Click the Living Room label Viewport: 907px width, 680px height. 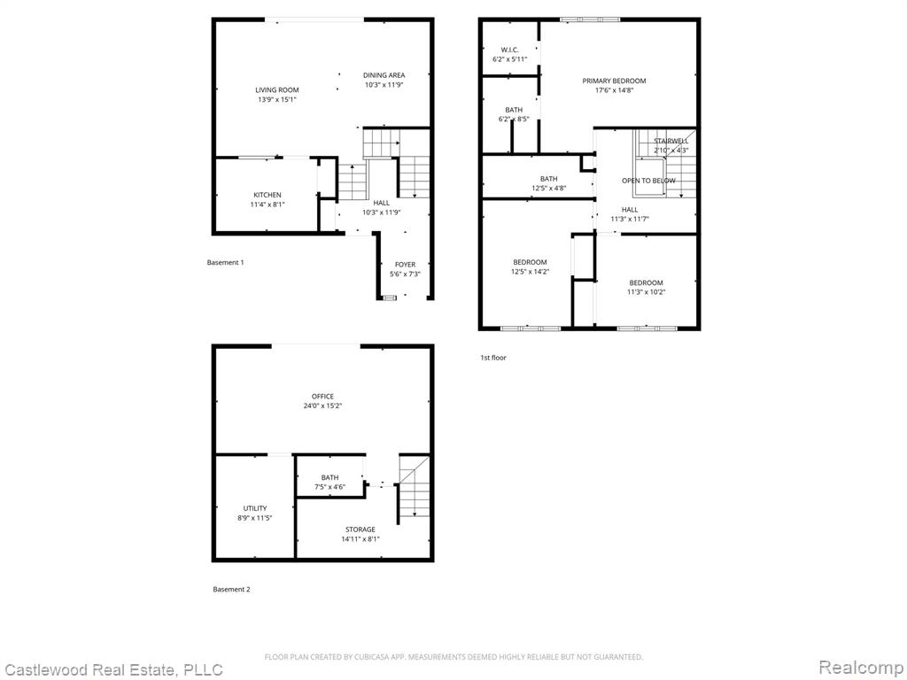277,89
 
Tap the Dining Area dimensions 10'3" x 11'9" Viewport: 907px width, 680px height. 384,84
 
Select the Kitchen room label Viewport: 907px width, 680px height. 267,195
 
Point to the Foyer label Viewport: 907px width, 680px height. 405,264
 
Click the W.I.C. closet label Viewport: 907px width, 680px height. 509,50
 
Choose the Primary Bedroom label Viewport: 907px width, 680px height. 614,81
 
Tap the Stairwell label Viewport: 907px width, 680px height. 671,141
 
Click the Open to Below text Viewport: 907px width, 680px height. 648,181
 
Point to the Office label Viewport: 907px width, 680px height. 322,396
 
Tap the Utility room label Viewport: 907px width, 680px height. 254,508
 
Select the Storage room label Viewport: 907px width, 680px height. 360,529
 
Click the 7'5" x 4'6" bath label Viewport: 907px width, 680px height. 329,482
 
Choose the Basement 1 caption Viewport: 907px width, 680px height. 225,262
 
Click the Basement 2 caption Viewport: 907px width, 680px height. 231,589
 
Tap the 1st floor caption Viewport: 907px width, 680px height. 493,358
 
